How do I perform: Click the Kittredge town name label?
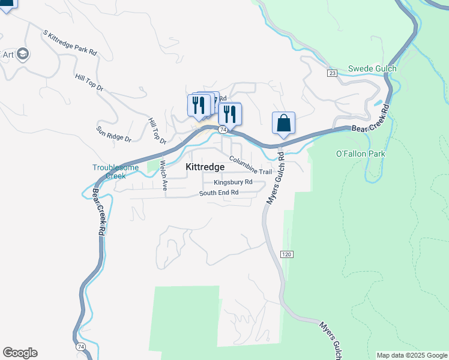205,167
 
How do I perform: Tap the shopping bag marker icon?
283,123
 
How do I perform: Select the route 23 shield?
332,73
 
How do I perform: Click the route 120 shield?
287,254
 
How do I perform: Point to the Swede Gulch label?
372,69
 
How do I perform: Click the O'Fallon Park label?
360,154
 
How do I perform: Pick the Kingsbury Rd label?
233,182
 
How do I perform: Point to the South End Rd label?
219,193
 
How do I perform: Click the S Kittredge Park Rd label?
70,43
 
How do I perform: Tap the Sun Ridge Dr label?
113,134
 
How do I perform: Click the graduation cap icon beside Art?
23,55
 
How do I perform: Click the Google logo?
20,353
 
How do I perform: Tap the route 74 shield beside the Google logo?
80,347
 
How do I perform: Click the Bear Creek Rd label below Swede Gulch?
369,121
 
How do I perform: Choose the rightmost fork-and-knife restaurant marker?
230,113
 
